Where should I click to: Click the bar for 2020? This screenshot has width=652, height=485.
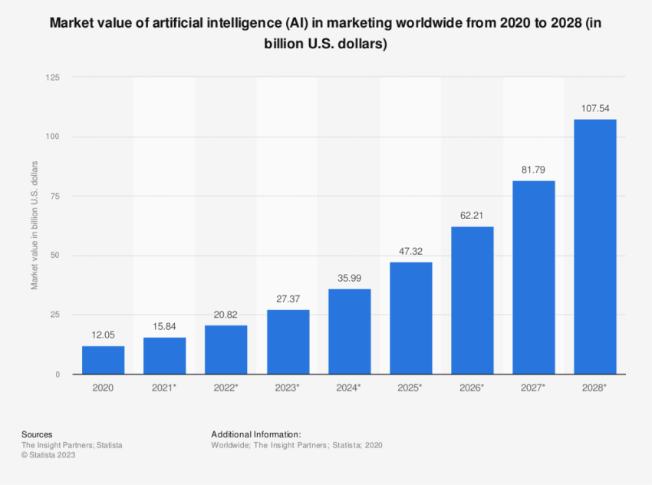(103, 360)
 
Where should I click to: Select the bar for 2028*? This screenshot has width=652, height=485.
(594, 246)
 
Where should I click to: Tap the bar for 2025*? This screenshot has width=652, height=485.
(410, 318)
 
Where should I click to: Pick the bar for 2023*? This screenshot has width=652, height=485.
(288, 341)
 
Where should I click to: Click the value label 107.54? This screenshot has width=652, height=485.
(594, 108)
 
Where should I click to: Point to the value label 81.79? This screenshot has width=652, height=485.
(533, 170)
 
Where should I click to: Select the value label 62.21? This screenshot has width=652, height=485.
(472, 216)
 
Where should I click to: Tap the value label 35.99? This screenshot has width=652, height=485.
(349, 278)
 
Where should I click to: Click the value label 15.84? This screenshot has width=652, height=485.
(164, 326)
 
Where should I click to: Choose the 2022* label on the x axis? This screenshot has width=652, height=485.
(226, 388)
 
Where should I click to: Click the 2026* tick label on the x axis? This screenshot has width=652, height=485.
(472, 388)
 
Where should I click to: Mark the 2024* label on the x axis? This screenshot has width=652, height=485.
(349, 388)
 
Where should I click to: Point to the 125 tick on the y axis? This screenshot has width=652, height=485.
(53, 78)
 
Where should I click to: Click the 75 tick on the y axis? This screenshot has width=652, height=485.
(55, 196)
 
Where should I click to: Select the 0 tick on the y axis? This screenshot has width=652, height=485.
(58, 374)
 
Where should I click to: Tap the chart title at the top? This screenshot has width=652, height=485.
(326, 33)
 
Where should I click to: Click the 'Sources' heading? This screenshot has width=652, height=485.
(37, 434)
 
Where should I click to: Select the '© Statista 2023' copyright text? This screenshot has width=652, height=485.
(48, 455)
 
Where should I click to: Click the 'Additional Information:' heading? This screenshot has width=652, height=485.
(255, 434)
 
